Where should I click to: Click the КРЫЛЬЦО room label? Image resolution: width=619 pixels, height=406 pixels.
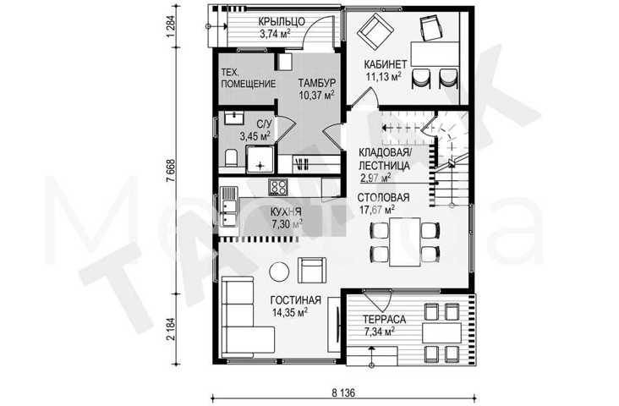(282, 21)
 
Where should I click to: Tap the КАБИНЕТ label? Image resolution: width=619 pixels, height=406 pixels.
(386, 64)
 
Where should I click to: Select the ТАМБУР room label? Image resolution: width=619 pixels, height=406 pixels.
(317, 84)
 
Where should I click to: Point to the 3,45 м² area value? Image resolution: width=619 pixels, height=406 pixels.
(255, 136)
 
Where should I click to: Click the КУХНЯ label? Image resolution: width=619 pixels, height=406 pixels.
(286, 212)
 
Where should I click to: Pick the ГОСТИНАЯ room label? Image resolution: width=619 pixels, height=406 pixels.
(296, 300)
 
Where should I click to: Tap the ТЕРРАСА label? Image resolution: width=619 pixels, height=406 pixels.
(384, 320)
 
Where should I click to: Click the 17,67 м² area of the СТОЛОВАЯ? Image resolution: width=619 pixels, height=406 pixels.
(377, 209)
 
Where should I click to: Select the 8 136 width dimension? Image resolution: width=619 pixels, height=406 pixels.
(343, 393)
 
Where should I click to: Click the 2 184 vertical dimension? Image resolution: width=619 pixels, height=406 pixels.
(171, 328)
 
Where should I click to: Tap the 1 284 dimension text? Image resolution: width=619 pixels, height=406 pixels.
(171, 26)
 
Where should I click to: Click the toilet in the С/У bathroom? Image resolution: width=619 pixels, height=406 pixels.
(231, 158)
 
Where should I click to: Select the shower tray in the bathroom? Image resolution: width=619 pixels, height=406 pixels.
(260, 159)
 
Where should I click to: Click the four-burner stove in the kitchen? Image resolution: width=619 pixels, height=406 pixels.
(278, 187)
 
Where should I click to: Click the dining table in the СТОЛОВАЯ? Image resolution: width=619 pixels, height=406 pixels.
(405, 242)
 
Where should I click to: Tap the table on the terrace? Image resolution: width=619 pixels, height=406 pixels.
(441, 333)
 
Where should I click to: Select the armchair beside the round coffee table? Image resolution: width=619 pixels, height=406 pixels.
(312, 270)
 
